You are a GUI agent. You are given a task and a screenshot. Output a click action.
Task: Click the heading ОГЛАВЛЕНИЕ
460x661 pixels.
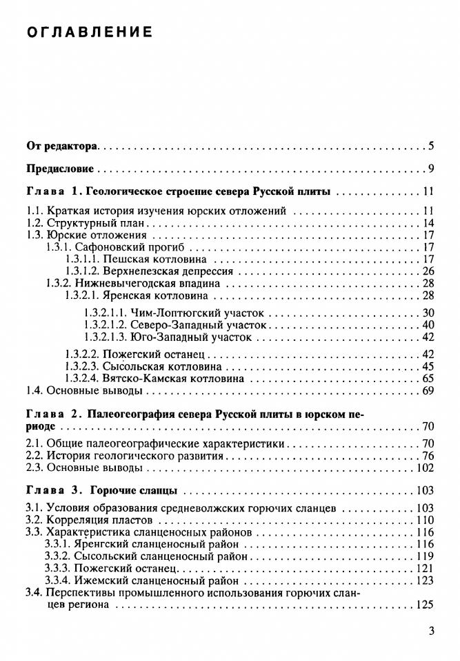(89, 32)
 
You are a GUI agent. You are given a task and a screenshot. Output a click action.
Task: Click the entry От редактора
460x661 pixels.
(62, 146)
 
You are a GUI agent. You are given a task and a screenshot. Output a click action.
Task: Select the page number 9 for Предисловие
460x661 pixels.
(430, 169)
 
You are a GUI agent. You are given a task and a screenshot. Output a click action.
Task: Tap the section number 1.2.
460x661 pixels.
(34, 223)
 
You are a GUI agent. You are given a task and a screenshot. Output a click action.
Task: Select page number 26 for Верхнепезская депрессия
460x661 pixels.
(427, 271)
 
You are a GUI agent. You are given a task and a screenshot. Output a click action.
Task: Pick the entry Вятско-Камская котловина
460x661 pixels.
(172, 379)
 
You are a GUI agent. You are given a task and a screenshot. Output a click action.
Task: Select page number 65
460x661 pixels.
(427, 379)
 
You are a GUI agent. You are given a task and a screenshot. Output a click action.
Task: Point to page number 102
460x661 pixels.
(424, 468)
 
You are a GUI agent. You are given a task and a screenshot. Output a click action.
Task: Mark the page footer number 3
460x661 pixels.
(430, 631)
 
